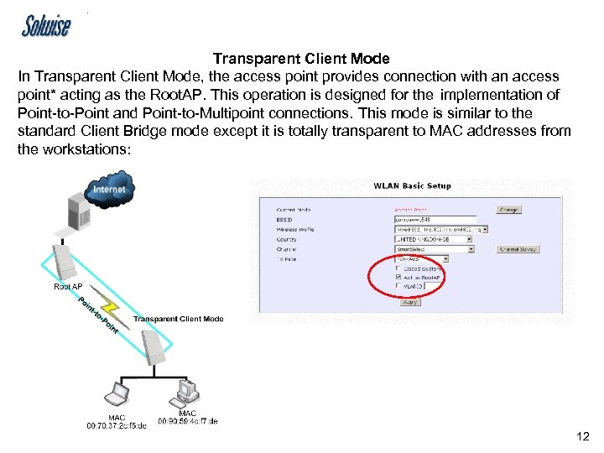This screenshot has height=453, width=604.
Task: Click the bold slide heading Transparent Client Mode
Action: (x=301, y=59)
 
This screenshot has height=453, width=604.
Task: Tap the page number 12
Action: (x=583, y=435)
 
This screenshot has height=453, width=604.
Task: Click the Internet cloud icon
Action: (x=108, y=190)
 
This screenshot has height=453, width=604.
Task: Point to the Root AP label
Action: (x=68, y=287)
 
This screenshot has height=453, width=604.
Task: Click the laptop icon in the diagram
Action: (x=116, y=395)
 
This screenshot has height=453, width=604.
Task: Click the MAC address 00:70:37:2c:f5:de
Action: (x=116, y=425)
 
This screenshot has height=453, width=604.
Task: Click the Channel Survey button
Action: (x=518, y=249)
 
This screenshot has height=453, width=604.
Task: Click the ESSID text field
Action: (x=435, y=220)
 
